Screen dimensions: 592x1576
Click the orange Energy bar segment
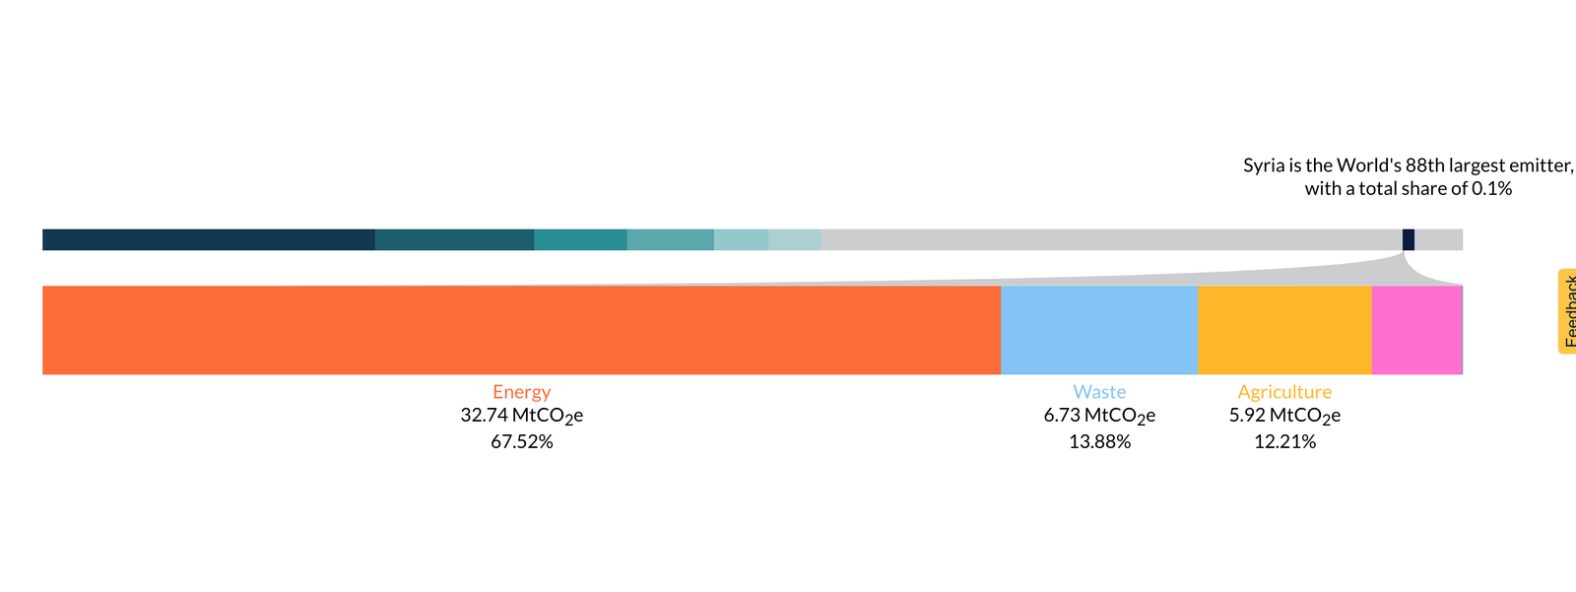pyautogui.click(x=521, y=330)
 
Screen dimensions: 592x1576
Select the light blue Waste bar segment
pyautogui.click(x=1098, y=330)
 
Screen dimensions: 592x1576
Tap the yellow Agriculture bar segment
pyautogui.click(x=1284, y=330)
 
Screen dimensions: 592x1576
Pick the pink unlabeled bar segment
pyautogui.click(x=1416, y=330)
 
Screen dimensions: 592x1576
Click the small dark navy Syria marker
pyautogui.click(x=1409, y=239)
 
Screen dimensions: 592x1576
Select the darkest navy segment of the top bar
pyautogui.click(x=208, y=239)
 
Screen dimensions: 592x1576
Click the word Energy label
pyautogui.click(x=521, y=392)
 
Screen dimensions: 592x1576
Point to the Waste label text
pyautogui.click(x=1099, y=392)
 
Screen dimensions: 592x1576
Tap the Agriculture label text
pyautogui.click(x=1284, y=392)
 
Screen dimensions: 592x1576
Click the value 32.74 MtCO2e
pyautogui.click(x=521, y=416)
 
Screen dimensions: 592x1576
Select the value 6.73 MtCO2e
pyautogui.click(x=1099, y=416)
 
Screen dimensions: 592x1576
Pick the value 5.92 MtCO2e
pyautogui.click(x=1284, y=416)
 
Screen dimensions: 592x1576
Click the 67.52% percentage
pyautogui.click(x=521, y=442)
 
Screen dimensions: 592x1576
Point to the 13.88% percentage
pyautogui.click(x=1099, y=442)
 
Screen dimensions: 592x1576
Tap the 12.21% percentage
pyautogui.click(x=1284, y=442)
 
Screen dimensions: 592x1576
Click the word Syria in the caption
pyautogui.click(x=1264, y=165)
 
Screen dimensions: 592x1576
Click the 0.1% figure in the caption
pyautogui.click(x=1491, y=189)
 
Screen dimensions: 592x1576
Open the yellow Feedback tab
pyautogui.click(x=1567, y=311)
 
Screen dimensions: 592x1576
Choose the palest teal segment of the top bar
pyautogui.click(x=794, y=239)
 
